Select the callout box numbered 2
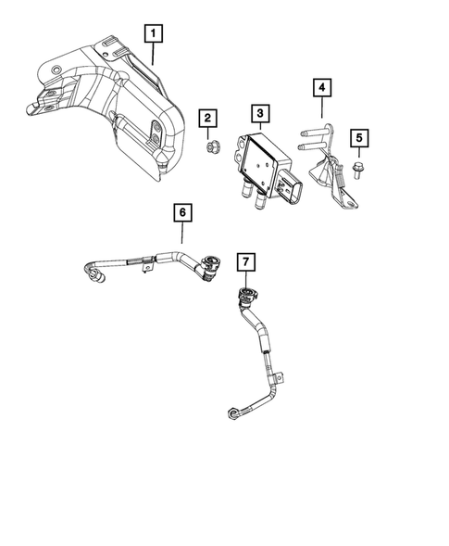pyautogui.click(x=208, y=118)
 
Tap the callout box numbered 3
pyautogui.click(x=261, y=114)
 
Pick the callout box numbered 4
pyautogui.click(x=321, y=89)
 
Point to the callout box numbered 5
pyautogui.click(x=358, y=139)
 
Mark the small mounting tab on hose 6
pyautogui.click(x=146, y=268)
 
